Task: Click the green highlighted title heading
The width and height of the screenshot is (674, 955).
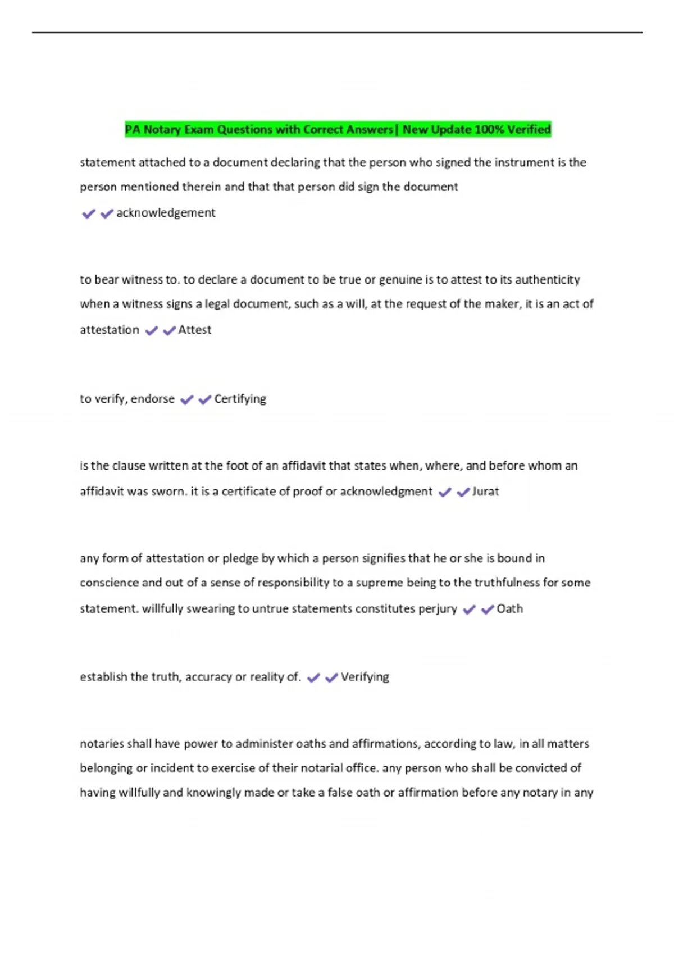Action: tap(338, 130)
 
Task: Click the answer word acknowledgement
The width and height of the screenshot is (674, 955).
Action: tap(166, 213)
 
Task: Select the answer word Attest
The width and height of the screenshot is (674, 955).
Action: tap(195, 330)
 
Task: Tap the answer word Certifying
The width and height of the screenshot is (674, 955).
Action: tap(240, 399)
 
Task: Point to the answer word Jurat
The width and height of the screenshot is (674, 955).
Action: tap(486, 492)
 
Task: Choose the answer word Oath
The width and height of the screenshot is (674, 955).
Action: tap(510, 609)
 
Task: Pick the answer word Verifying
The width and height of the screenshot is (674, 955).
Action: tap(365, 677)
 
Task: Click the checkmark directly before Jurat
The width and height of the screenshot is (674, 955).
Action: tap(463, 493)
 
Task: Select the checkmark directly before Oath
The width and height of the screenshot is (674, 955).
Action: tap(488, 610)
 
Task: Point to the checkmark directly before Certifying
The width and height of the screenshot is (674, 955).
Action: tap(205, 399)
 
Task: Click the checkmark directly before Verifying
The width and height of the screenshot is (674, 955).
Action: tap(331, 678)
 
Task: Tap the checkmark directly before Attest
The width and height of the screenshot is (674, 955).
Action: tap(169, 331)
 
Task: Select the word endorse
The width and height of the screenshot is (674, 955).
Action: tap(153, 399)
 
